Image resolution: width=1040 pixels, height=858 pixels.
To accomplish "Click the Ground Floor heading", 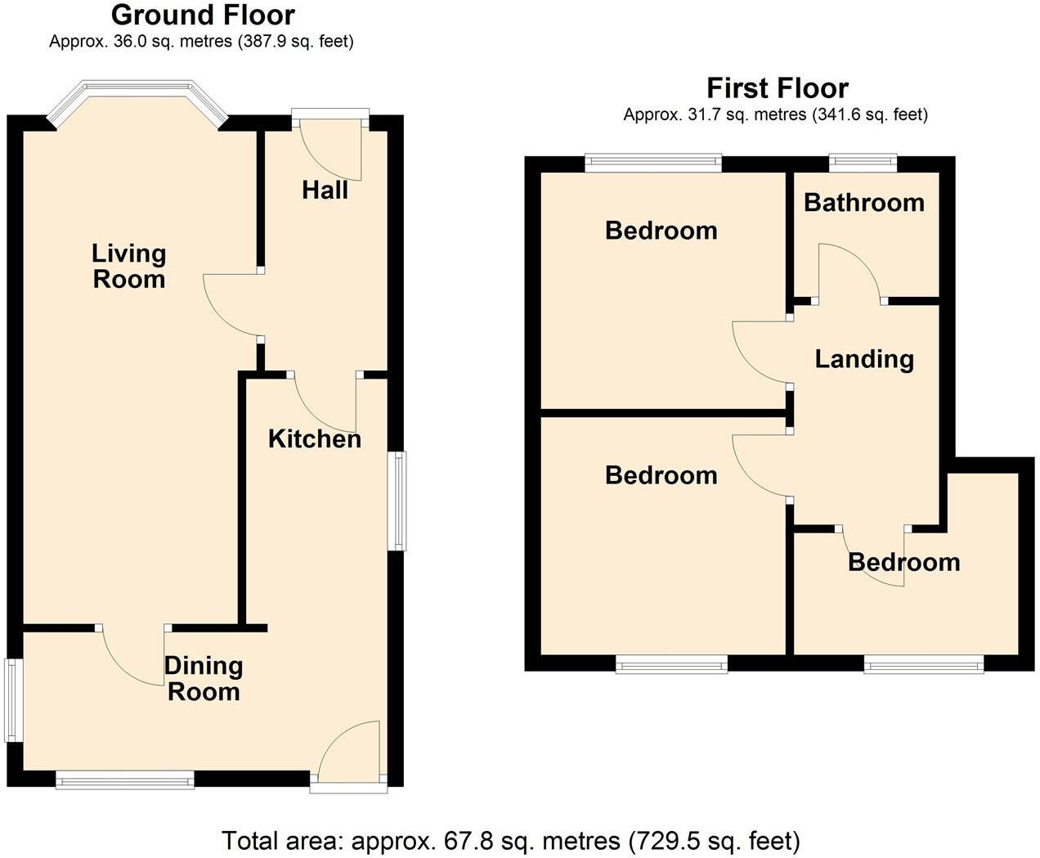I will [203, 15].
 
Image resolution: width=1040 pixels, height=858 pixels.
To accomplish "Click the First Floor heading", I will [777, 88].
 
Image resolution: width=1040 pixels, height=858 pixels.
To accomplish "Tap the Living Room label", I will [128, 267].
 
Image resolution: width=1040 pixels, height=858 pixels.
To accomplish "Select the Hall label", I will [325, 191].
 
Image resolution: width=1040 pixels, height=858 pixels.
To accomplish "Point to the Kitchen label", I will [315, 439].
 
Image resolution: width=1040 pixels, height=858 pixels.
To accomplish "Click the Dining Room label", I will [204, 679].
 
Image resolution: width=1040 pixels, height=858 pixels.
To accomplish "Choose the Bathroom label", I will [863, 203].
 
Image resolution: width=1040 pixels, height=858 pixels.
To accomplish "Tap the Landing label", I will [864, 359].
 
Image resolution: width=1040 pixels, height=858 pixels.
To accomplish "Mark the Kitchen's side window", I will [397, 500].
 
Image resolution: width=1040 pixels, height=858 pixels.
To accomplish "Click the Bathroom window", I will [863, 163].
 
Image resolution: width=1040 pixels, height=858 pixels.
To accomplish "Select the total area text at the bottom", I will [511, 841].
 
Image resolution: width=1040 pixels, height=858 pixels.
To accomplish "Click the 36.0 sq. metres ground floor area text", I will [201, 42].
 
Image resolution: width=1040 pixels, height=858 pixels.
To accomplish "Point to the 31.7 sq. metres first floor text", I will [775, 115].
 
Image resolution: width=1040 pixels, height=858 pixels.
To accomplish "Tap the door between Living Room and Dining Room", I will [135, 654].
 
